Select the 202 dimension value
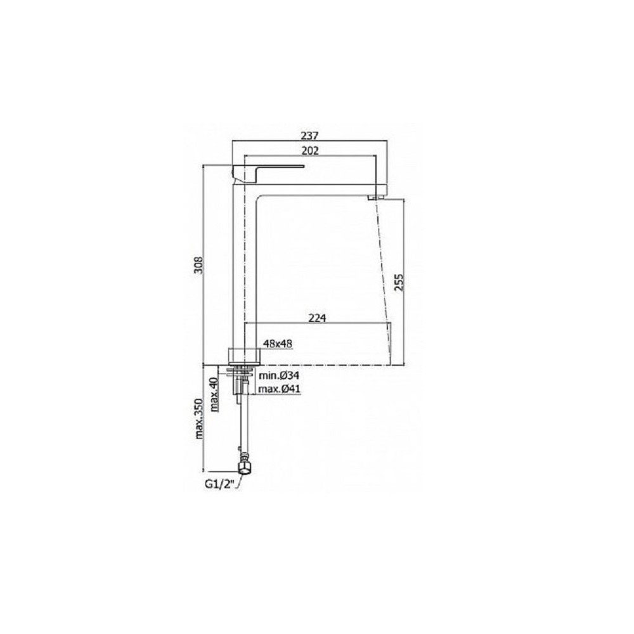click(x=310, y=150)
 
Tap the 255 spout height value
click(x=399, y=282)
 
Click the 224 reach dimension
click(x=317, y=318)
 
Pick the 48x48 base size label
click(x=278, y=344)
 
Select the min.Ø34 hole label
click(x=279, y=375)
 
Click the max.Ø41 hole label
click(x=280, y=389)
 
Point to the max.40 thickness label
click(x=214, y=394)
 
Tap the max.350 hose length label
click(x=199, y=418)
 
